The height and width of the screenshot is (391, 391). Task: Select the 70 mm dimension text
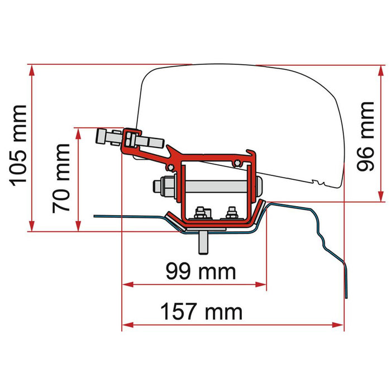61,178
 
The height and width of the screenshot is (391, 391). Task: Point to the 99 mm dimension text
201,272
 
